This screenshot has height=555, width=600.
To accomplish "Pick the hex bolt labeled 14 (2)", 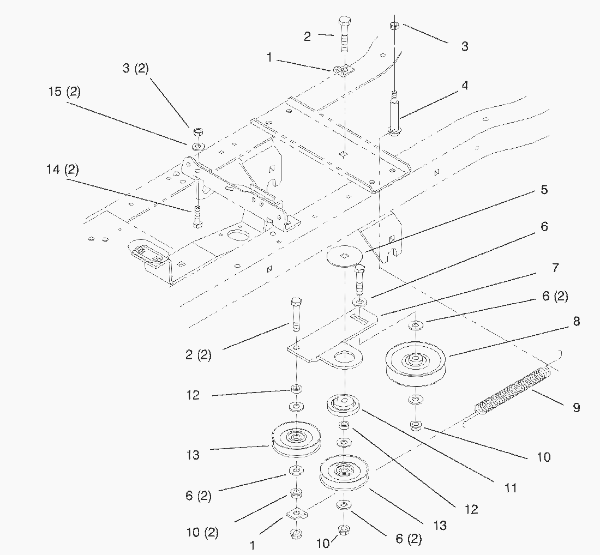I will coord(197,218).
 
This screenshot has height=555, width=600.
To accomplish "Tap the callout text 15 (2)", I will coord(64,92).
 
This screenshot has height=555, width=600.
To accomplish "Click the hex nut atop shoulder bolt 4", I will coord(394,26).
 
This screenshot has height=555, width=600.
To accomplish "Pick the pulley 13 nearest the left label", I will coord(296,439).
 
